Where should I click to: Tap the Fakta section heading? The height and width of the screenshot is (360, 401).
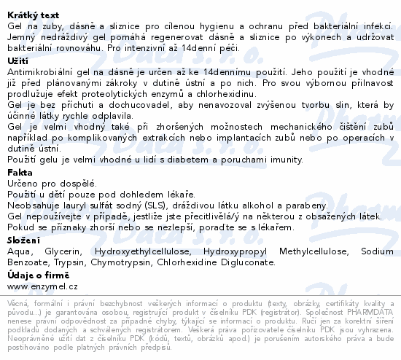coord(19,173)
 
